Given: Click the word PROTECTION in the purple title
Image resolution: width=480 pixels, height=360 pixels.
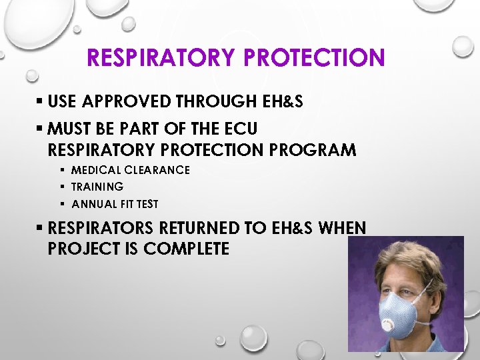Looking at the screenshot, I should pyautogui.click(x=315, y=57).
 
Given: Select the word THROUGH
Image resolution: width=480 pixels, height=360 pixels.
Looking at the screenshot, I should pyautogui.click(x=215, y=101).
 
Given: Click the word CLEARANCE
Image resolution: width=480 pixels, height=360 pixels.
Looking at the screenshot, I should pyautogui.click(x=157, y=170).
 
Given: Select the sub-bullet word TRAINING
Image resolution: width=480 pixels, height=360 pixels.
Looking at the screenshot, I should pyautogui.click(x=97, y=187).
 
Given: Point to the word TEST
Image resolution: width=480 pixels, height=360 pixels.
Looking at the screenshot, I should pyautogui.click(x=147, y=204).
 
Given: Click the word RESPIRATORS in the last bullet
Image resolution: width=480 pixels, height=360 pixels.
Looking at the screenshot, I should pyautogui.click(x=101, y=229).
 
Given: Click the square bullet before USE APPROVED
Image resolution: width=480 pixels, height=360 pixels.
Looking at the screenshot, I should pyautogui.click(x=40, y=102).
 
